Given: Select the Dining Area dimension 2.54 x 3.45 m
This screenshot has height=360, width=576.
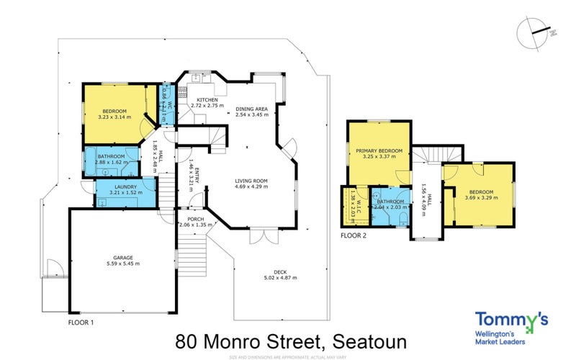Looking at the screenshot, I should tap(251, 114).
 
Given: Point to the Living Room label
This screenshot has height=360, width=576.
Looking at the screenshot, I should tap(251, 180).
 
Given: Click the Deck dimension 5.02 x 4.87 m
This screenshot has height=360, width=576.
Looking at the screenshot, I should tap(280, 277).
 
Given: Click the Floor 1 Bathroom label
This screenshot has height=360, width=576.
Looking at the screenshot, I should tap(112, 156).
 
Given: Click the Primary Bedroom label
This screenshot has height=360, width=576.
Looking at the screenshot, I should tap(377, 150).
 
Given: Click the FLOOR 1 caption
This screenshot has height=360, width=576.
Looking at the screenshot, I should tap(81, 323).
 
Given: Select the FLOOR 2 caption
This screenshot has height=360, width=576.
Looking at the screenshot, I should tap(355, 235).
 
